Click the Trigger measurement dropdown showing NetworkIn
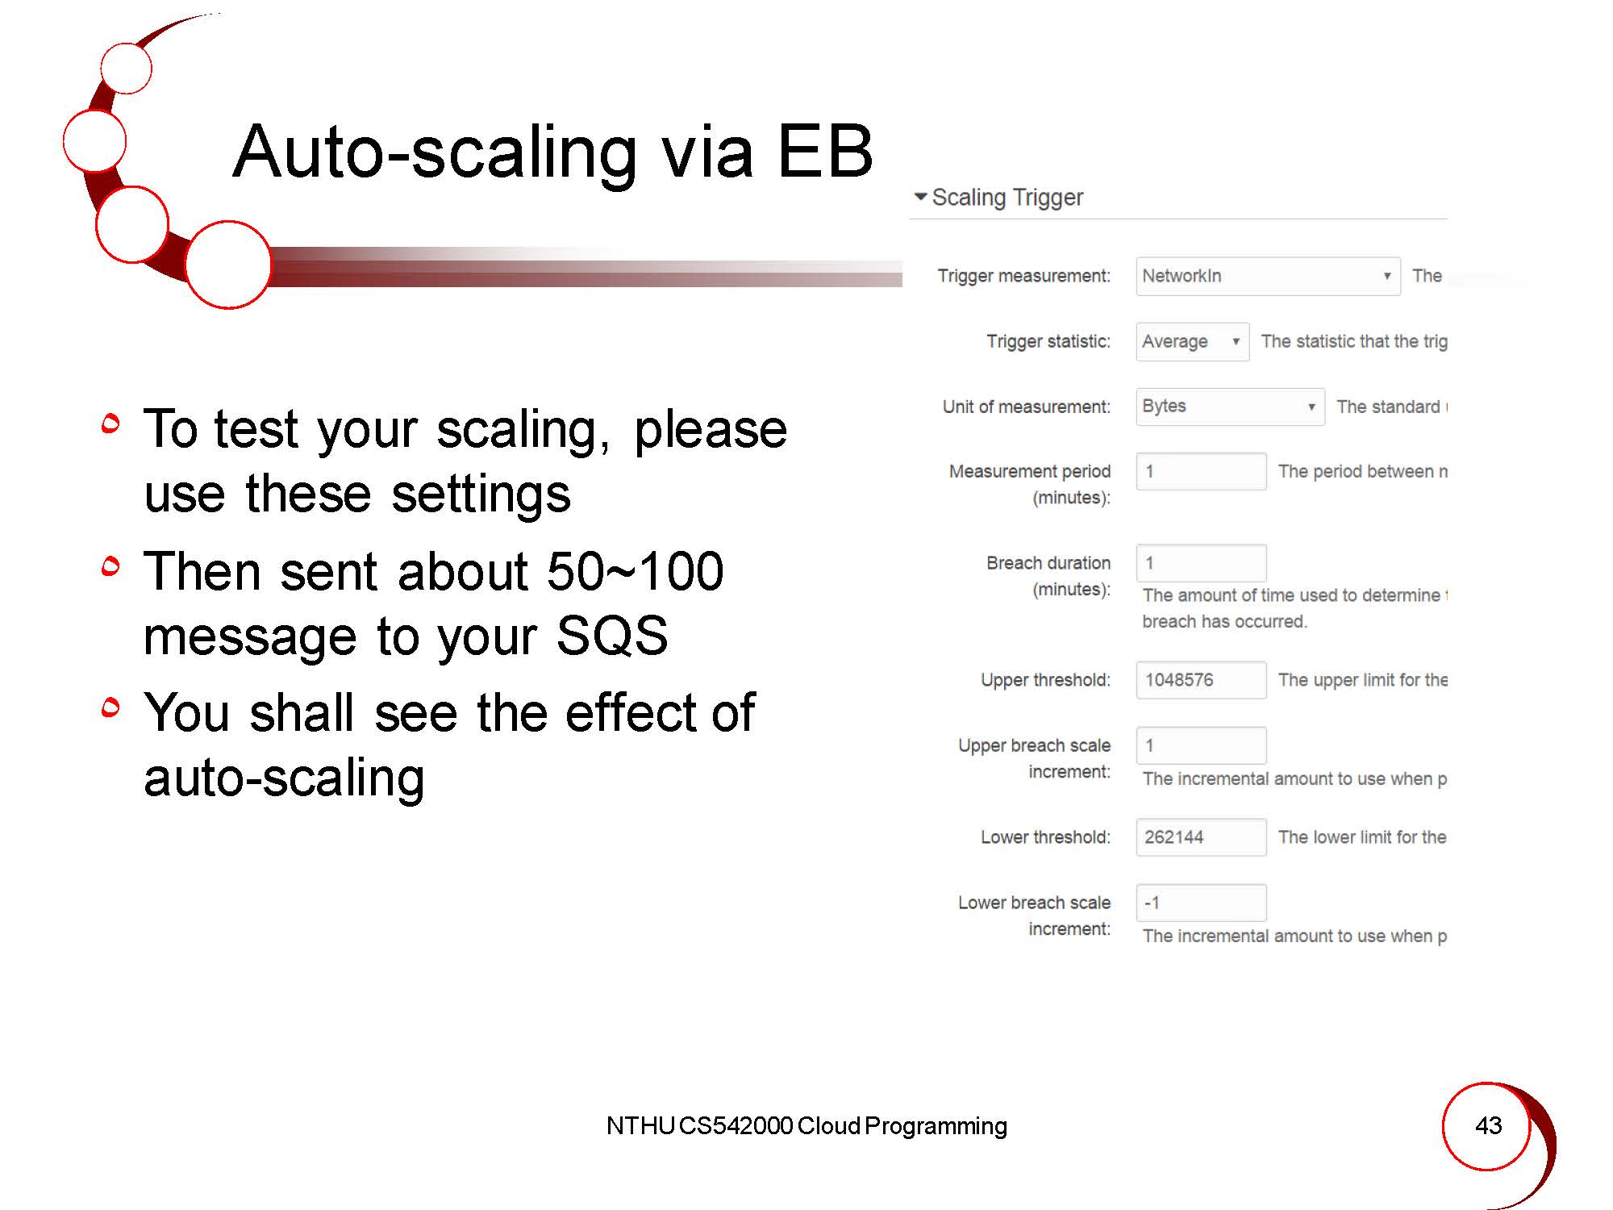point(1268,276)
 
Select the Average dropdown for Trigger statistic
point(1192,341)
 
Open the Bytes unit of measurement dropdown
point(1230,407)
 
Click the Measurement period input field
point(1201,471)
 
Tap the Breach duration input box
point(1201,563)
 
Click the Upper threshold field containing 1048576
point(1201,680)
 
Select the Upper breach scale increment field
point(1201,745)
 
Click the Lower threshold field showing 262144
point(1201,837)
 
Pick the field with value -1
point(1201,903)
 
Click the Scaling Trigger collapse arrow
point(920,197)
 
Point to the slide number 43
point(1488,1125)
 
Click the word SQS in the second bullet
point(612,636)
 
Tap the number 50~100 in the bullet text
point(635,571)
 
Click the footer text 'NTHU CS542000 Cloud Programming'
point(806,1125)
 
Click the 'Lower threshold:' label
point(1045,837)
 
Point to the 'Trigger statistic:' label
point(1048,341)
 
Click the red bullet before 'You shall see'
point(110,707)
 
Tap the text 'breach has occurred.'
point(1224,621)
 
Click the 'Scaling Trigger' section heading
point(1007,198)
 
